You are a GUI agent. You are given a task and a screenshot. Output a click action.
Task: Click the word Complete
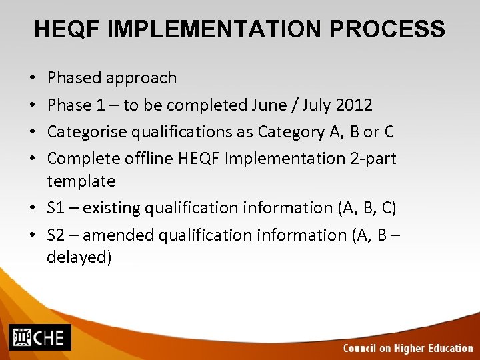point(83,159)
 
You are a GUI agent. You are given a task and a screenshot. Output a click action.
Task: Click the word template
point(81,181)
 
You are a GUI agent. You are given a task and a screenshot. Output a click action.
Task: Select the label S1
point(56,208)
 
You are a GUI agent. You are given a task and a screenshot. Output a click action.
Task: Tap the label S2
point(56,235)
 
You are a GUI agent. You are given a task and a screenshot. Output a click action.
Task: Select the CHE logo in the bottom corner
point(39,337)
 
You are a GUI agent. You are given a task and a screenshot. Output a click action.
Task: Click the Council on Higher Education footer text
point(407,348)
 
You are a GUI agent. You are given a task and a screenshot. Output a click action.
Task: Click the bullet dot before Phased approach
point(34,78)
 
